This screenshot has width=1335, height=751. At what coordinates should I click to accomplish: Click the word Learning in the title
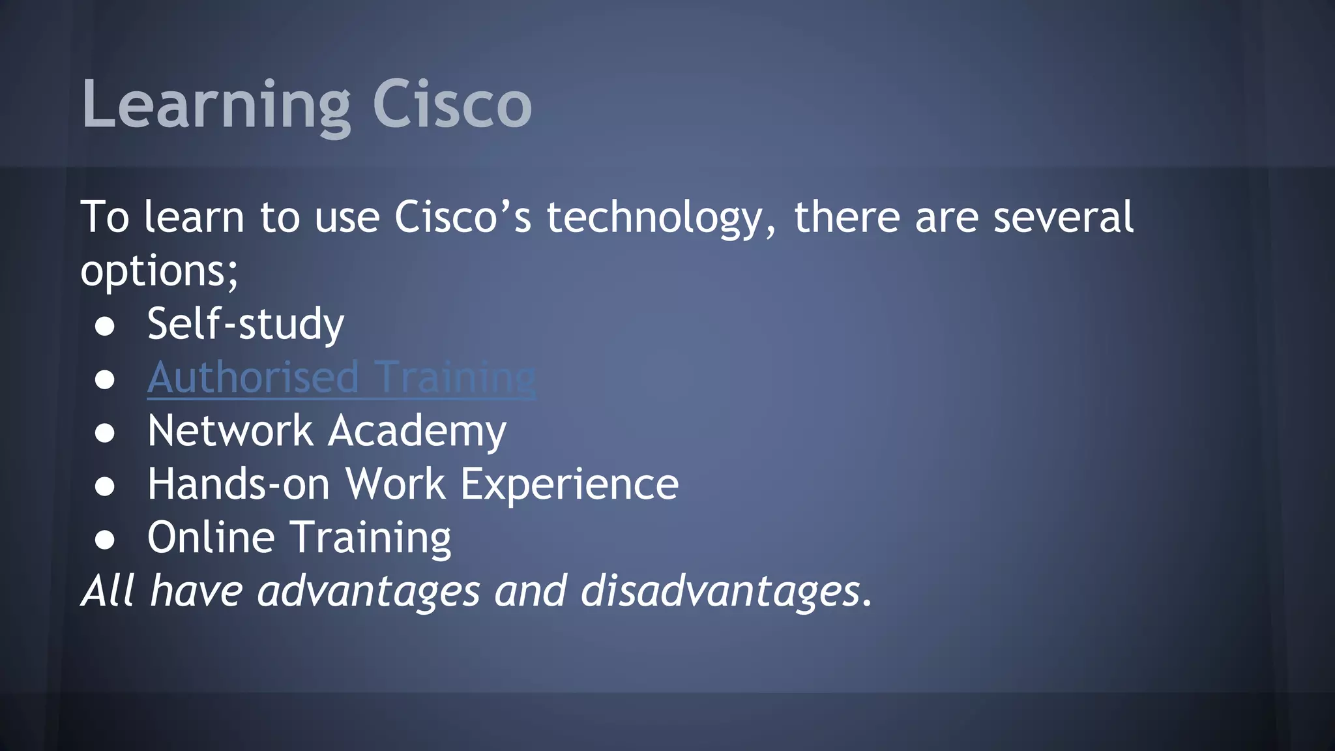point(215,104)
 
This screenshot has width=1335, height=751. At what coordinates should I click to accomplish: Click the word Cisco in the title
point(452,104)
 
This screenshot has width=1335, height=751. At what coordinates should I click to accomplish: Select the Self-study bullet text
point(245,324)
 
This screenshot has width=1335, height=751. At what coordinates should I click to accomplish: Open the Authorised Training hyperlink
point(342,377)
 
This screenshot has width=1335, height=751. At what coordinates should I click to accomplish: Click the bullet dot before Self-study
point(105,327)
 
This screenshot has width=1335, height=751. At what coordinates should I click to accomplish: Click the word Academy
point(417,432)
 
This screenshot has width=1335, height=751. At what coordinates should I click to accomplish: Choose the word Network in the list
point(230,431)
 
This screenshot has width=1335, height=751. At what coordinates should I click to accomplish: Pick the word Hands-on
point(238,484)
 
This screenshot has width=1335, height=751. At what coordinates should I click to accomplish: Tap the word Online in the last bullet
point(211,538)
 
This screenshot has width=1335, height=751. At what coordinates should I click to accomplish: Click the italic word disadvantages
point(720,591)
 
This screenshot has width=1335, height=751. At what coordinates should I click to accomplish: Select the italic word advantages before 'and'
point(368,592)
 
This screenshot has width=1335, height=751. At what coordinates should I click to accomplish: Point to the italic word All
point(108,591)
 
